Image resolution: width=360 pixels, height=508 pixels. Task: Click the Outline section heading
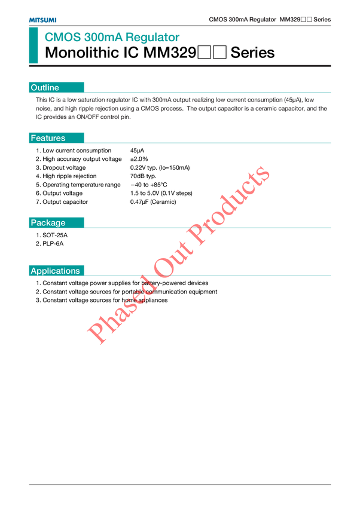[x=45, y=88]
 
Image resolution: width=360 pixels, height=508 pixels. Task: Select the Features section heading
[x=48, y=138]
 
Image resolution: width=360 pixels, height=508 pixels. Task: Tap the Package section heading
[x=48, y=223]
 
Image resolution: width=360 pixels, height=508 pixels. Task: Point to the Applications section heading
[x=55, y=271]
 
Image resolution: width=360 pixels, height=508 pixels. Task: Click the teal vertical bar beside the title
[x=33, y=45]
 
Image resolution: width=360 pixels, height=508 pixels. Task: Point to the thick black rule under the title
[x=179, y=66]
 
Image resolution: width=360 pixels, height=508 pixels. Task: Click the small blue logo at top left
[x=42, y=20]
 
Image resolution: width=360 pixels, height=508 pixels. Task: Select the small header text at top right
[x=269, y=20]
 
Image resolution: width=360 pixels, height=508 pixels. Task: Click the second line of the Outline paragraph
[x=182, y=109]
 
